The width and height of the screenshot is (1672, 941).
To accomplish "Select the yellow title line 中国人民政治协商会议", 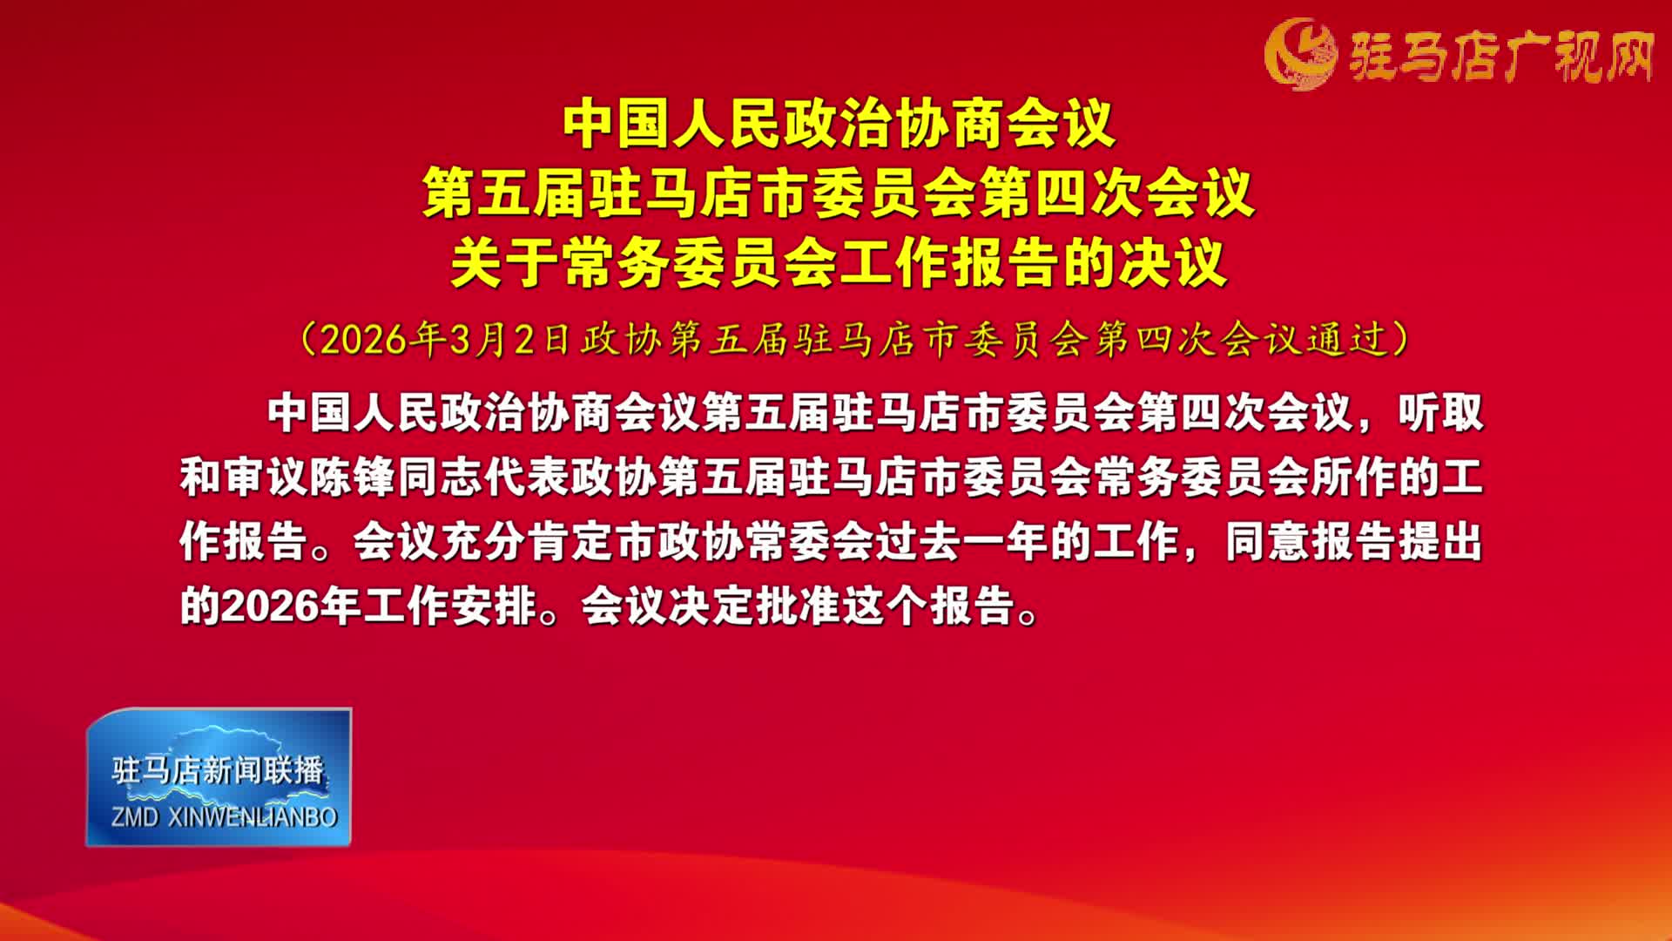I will [x=839, y=125].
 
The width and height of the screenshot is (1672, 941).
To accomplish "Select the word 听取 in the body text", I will [x=1440, y=412].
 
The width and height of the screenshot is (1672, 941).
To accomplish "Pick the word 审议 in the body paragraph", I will [x=266, y=477].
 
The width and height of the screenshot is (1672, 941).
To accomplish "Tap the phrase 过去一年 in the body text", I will [x=961, y=542].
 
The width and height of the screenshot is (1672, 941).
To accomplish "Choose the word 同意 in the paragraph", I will [x=1268, y=542].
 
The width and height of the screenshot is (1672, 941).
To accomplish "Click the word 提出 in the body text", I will [x=1440, y=542].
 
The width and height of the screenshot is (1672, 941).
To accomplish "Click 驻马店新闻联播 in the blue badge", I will [x=218, y=770].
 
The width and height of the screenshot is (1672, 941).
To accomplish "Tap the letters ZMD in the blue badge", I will [x=135, y=817].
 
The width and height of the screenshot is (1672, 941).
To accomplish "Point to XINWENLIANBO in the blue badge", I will [x=253, y=817].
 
